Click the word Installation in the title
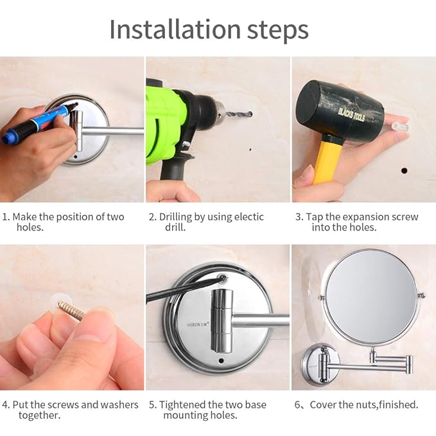[x=175, y=29]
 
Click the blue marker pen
[x=40, y=123]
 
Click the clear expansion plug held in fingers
[x=400, y=127]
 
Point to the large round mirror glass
[x=372, y=297]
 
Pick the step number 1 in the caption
[x=4, y=217]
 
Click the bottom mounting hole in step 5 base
[x=222, y=361]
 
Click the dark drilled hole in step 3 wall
[x=405, y=170]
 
